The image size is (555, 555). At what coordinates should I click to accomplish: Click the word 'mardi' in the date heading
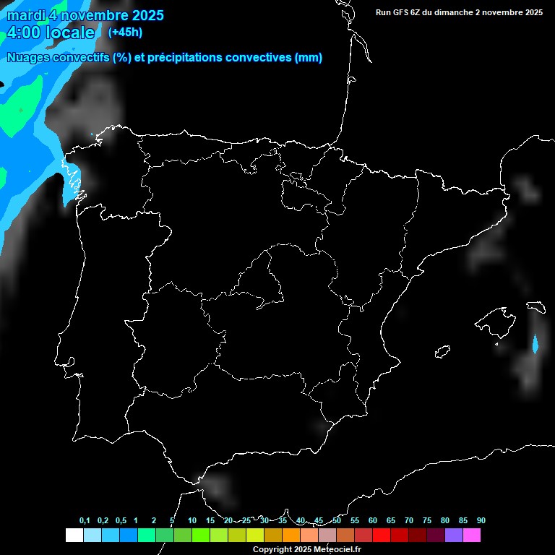pyautogui.click(x=25, y=15)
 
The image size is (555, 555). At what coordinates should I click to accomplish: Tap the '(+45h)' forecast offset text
pyautogui.click(x=125, y=32)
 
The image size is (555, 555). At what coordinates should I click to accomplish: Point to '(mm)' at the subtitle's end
pyautogui.click(x=309, y=58)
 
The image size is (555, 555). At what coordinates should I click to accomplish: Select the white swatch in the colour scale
pyautogui.click(x=74, y=535)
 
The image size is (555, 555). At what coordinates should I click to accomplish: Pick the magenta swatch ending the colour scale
pyautogui.click(x=471, y=535)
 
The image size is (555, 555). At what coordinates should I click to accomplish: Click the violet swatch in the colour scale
pyautogui.click(x=453, y=535)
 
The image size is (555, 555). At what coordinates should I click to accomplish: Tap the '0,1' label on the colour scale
pyautogui.click(x=85, y=521)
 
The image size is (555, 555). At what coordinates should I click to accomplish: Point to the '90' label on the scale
pyautogui.click(x=481, y=521)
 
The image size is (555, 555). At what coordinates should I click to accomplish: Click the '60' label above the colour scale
pyautogui.click(x=373, y=521)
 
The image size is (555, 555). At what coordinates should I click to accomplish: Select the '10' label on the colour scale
pyautogui.click(x=192, y=521)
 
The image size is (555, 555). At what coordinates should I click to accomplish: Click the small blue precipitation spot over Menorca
pyautogui.click(x=535, y=344)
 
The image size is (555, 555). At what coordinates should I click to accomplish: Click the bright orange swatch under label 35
pyautogui.click(x=291, y=535)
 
